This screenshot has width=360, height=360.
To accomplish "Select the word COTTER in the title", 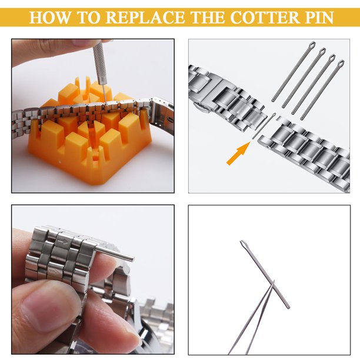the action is pos(265,17).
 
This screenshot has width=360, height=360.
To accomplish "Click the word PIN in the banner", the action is pos(319,17).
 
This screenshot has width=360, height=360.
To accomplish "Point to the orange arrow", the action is pos(238,153).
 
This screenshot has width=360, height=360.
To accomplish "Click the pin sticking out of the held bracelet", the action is pos(115,254).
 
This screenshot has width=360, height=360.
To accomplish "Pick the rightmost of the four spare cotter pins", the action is pos(322,90).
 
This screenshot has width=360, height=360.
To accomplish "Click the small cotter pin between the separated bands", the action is pos(264,126).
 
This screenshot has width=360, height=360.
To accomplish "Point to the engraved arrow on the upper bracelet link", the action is pos(63,242).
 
